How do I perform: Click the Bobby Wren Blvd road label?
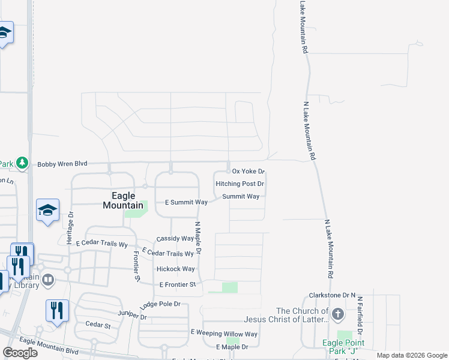tap(62, 164)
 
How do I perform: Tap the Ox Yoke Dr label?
tap(249, 172)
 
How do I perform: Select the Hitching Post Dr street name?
tap(240, 184)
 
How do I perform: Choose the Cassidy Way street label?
tap(175, 238)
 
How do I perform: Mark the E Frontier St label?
tap(178, 284)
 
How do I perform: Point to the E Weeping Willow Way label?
tap(224, 333)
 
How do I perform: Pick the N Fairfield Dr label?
tap(360, 314)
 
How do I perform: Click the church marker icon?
tap(338, 314)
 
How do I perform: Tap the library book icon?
tap(49, 280)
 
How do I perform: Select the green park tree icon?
tap(22, 163)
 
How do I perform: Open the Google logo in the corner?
tap(20, 353)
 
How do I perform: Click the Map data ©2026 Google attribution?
tap(412, 355)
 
